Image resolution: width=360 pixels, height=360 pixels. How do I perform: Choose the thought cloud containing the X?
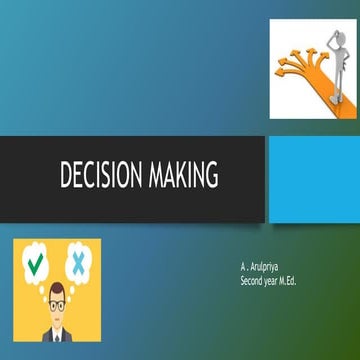(78, 264)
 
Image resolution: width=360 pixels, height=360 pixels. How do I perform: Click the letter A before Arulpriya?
(242, 270)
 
